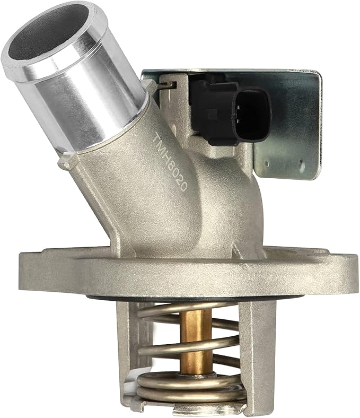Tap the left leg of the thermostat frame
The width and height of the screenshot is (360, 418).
[x=127, y=350]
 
